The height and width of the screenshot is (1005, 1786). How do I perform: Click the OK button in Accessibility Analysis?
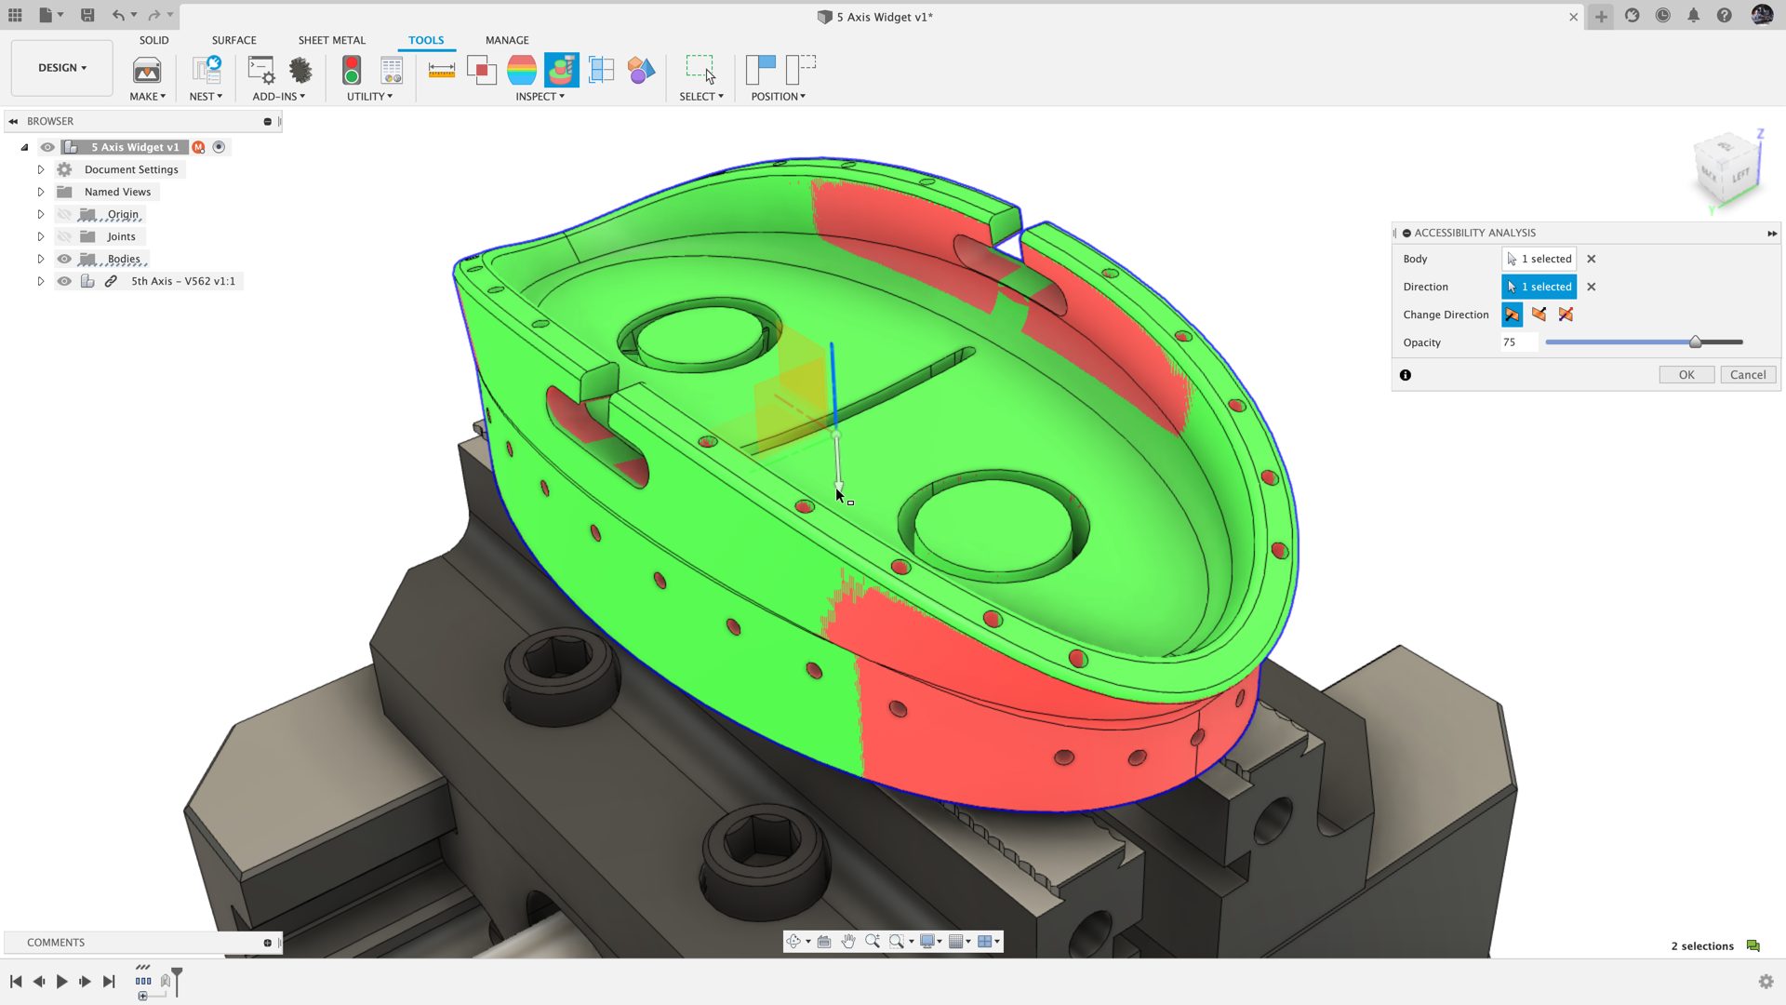[x=1686, y=375]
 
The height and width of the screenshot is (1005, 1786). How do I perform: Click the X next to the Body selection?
[x=1591, y=260]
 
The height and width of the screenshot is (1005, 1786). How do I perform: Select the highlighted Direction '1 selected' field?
[x=1539, y=287]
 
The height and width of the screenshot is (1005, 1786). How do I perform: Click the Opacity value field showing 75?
[x=1516, y=342]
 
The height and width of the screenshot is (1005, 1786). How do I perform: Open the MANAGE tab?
[x=506, y=40]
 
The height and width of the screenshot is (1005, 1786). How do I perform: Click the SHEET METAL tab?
[x=331, y=40]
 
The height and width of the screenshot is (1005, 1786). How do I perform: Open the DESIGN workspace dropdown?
[x=61, y=68]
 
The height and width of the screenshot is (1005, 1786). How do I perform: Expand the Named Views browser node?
[x=41, y=193]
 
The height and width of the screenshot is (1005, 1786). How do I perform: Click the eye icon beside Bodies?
[x=64, y=259]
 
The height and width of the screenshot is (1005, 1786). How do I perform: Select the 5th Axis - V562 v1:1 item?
[x=182, y=281]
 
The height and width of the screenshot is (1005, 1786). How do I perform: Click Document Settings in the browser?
[x=130, y=169]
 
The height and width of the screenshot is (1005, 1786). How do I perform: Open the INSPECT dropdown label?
[x=540, y=97]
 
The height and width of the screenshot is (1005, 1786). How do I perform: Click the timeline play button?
[x=61, y=982]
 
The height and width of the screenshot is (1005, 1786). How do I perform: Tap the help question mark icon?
[x=1724, y=16]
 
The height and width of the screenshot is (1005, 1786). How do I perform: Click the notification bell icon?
[x=1693, y=16]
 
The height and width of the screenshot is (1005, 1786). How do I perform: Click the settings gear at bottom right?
[x=1766, y=982]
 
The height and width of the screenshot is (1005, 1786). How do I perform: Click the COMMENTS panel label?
[x=56, y=943]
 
